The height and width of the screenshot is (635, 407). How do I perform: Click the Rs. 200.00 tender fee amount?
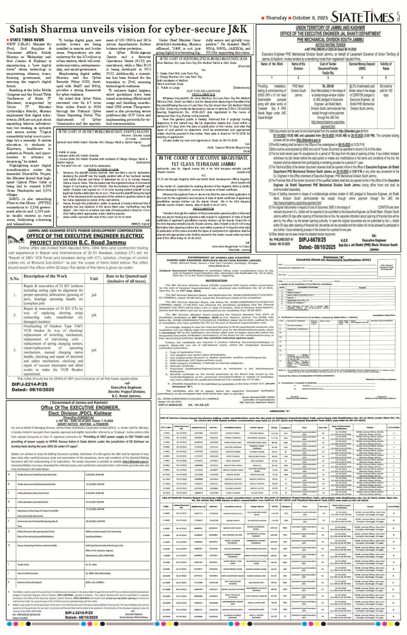[x=328, y=86]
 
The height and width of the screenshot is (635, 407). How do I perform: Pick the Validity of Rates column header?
[x=386, y=66]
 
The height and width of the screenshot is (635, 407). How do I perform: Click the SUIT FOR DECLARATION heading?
[x=203, y=91]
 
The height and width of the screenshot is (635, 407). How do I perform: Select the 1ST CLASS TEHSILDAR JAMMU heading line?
[x=203, y=164]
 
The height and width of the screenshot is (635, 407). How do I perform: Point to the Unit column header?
[x=94, y=279]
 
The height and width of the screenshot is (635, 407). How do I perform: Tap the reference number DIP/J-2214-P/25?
[x=30, y=384]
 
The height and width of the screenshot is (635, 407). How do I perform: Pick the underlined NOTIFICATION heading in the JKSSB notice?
[x=216, y=280]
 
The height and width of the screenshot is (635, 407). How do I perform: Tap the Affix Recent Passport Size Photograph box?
[x=387, y=267]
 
